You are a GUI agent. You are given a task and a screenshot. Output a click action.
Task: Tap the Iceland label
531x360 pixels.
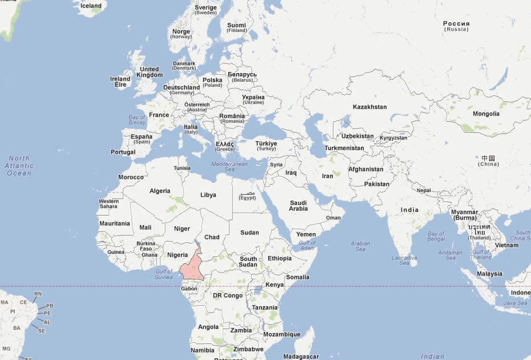91,6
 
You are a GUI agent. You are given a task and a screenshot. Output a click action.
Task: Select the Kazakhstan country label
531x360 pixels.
369,107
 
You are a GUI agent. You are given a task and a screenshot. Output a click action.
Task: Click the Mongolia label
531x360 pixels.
485,114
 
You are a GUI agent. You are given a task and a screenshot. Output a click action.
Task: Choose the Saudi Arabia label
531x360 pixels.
299,206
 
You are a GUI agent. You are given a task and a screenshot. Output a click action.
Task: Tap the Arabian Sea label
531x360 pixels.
360,246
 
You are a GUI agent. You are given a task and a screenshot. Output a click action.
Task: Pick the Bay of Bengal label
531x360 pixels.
436,237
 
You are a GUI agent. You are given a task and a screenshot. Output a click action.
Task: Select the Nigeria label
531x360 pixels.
178,255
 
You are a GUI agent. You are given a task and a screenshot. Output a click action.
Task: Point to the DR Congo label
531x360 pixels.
228,295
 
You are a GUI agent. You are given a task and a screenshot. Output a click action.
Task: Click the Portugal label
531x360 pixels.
123,153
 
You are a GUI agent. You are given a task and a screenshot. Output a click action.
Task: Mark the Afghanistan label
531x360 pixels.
365,169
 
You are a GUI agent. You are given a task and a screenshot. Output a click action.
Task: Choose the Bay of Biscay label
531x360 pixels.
137,120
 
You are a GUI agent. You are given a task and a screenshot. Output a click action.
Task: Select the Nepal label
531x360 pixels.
424,190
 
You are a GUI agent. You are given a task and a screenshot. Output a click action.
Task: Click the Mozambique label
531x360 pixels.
281,334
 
